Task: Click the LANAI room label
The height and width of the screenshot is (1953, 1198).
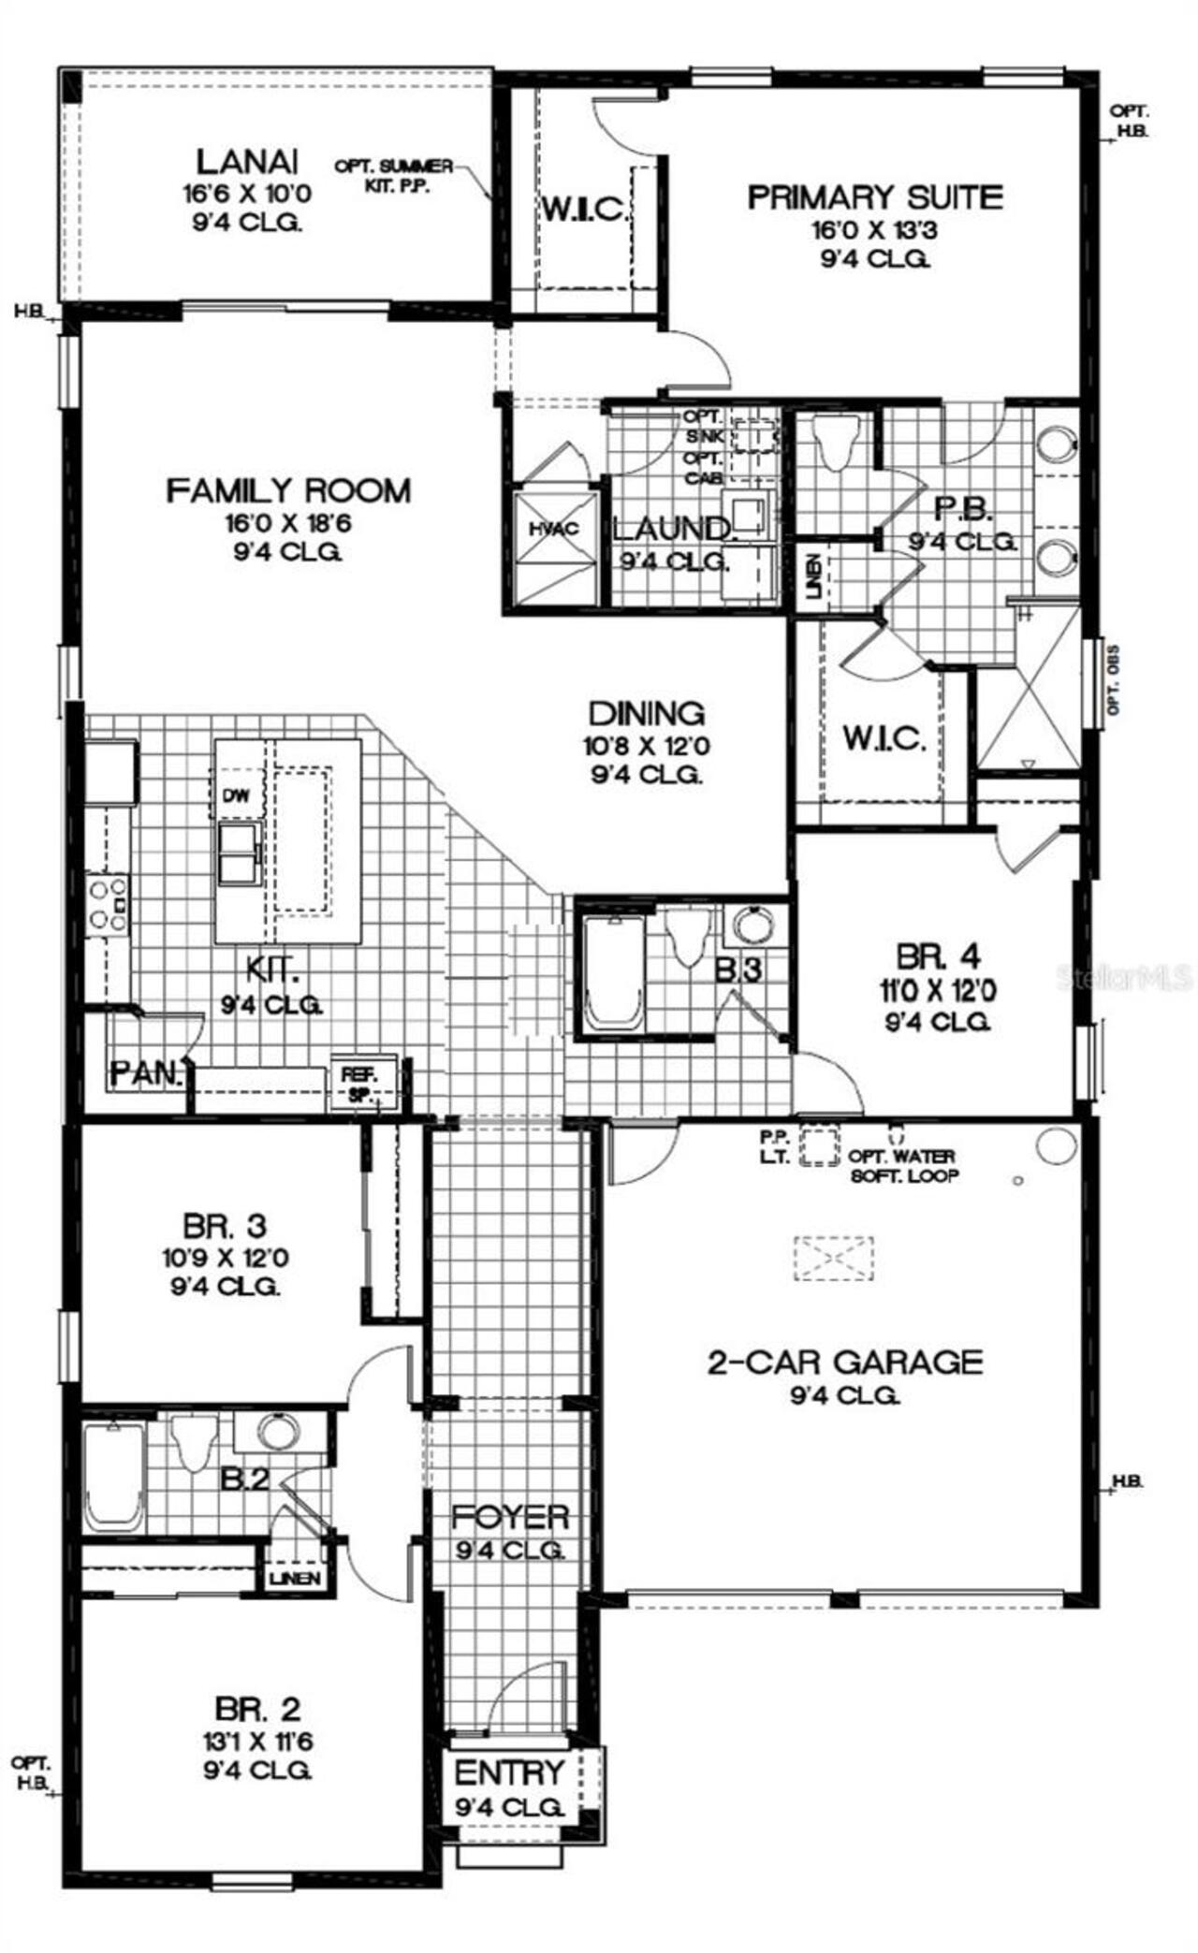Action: point(248,161)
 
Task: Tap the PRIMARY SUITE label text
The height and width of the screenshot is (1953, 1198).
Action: point(874,197)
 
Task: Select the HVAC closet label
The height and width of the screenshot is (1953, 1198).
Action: point(554,529)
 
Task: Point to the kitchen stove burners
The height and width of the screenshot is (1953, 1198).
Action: point(107,904)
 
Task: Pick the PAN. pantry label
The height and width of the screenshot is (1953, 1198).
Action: point(145,1073)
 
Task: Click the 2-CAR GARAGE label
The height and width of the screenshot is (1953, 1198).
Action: point(844,1361)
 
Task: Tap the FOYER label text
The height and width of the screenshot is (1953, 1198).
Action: point(509,1517)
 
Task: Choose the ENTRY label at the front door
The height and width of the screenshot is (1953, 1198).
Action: point(509,1772)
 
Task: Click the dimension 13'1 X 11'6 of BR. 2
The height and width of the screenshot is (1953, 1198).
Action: point(257,1742)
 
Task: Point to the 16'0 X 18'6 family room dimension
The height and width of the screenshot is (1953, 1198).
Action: point(287,522)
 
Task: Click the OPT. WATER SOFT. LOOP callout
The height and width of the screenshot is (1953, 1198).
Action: point(903,1166)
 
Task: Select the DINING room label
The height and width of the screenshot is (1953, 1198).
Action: point(646,713)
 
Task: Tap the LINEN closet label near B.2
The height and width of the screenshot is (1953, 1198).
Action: point(296,1579)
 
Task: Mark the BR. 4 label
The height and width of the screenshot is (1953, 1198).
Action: point(938,956)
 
